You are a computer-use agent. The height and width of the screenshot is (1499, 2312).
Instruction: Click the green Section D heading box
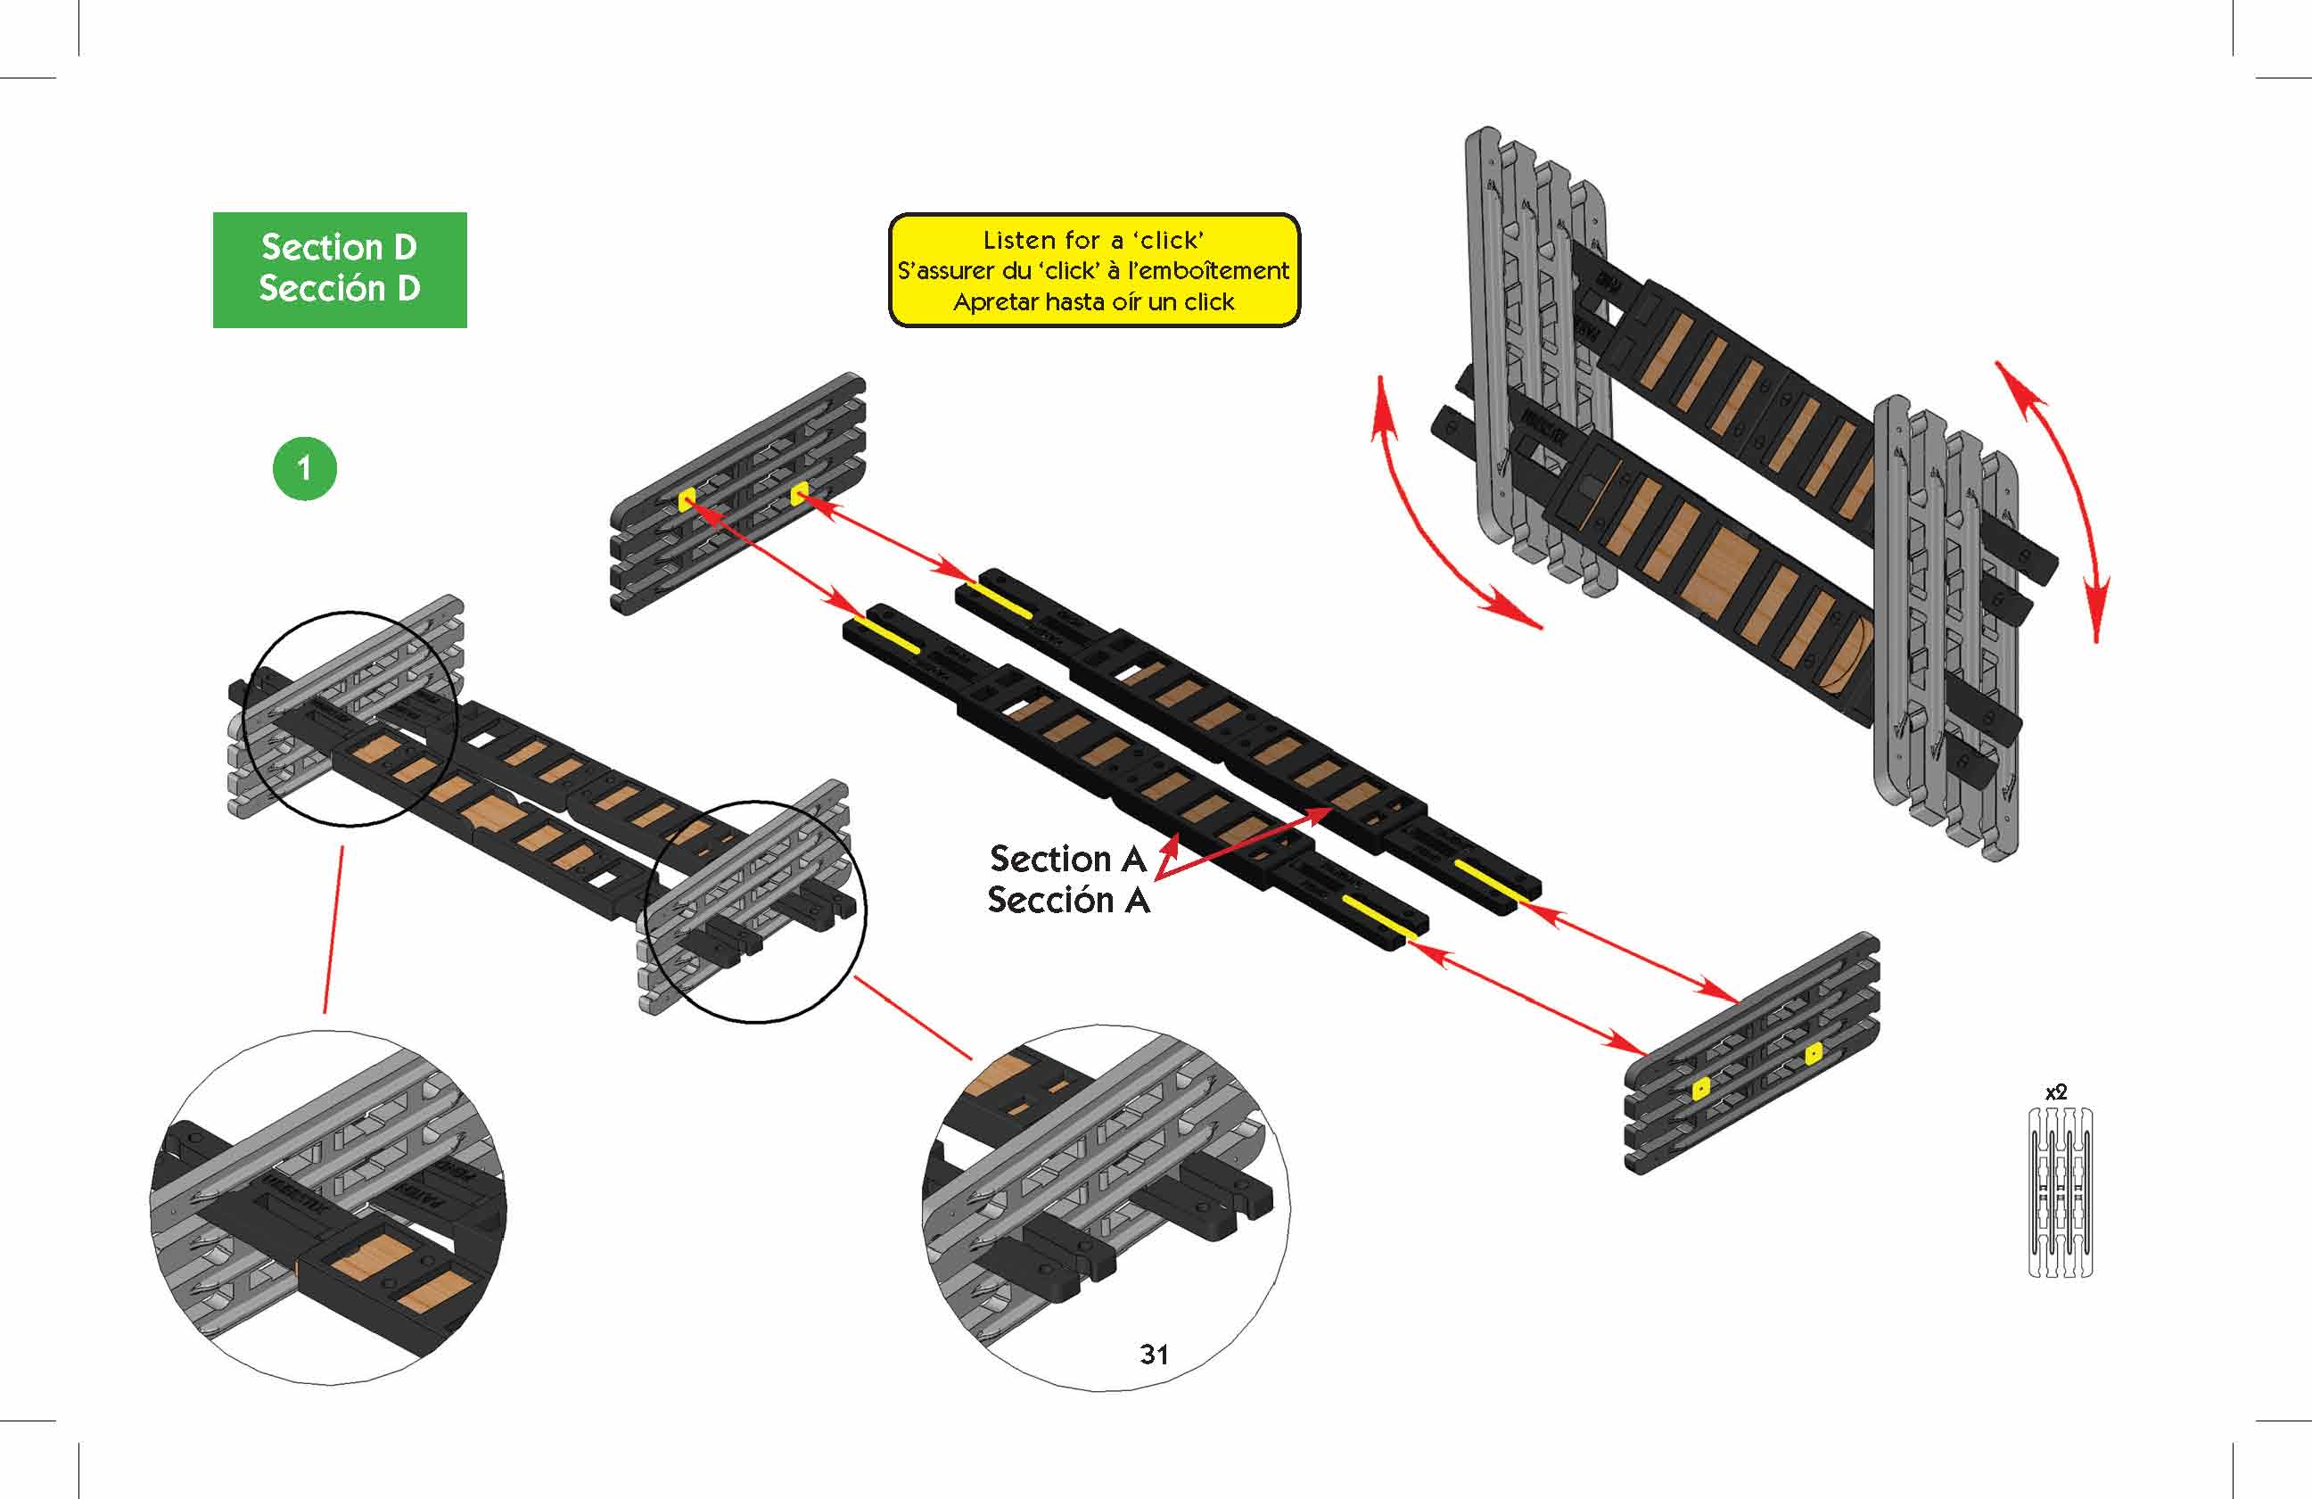pyautogui.click(x=339, y=269)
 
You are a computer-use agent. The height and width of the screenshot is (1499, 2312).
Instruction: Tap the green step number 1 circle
pyautogui.click(x=304, y=468)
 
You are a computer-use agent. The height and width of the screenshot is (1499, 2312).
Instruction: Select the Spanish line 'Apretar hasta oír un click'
pyautogui.click(x=1094, y=302)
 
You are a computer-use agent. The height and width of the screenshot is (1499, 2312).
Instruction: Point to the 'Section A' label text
pyautogui.click(x=1066, y=859)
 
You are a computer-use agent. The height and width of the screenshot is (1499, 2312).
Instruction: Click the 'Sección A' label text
pyautogui.click(x=1067, y=901)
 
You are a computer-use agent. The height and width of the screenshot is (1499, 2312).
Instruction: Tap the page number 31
pyautogui.click(x=1153, y=1354)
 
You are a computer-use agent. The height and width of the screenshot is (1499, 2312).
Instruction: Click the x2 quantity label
pyautogui.click(x=2055, y=1093)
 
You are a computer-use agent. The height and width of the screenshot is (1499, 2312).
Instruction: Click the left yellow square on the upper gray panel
pyautogui.click(x=687, y=499)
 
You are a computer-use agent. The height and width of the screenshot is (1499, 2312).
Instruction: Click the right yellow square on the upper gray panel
pyautogui.click(x=799, y=495)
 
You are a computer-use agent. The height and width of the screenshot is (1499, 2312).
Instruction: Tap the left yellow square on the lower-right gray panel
pyautogui.click(x=1700, y=1089)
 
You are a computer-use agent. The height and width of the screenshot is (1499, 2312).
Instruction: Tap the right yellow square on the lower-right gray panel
pyautogui.click(x=1813, y=1053)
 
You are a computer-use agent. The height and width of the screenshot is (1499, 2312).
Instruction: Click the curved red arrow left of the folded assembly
pyautogui.click(x=1437, y=524)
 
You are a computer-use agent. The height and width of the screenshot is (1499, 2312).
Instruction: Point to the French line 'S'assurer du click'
pyautogui.click(x=1094, y=271)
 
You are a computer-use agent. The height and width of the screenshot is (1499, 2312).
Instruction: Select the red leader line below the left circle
pyautogui.click(x=333, y=927)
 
